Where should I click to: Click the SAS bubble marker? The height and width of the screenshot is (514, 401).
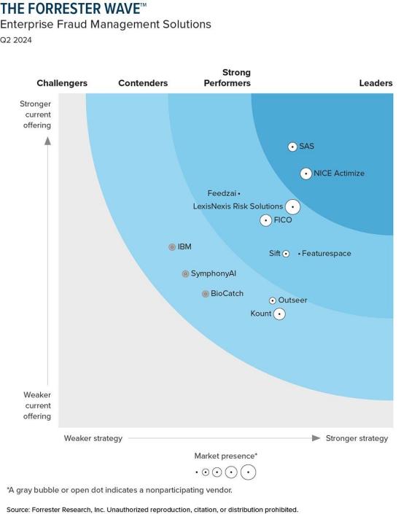(x=292, y=147)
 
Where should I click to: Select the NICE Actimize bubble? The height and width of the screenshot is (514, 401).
(x=306, y=174)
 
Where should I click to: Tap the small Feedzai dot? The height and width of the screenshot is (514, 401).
(x=239, y=194)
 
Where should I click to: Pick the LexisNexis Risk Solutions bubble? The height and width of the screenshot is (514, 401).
(x=292, y=207)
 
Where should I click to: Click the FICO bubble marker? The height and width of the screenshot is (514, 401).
(x=266, y=220)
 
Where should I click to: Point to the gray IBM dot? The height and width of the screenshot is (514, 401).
(x=172, y=247)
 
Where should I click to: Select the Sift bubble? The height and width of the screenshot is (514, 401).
(x=286, y=254)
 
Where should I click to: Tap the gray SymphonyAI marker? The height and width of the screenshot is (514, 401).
(x=185, y=274)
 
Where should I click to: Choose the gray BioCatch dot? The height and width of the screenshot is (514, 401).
(x=206, y=294)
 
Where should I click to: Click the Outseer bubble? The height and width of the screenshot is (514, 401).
(x=273, y=300)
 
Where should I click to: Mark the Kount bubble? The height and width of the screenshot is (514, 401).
(x=279, y=314)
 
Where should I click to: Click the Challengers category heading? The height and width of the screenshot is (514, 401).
(x=62, y=83)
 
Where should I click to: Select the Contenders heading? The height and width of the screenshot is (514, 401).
(x=143, y=83)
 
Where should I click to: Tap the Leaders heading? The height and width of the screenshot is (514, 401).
(x=376, y=83)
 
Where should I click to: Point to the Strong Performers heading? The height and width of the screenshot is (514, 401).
(x=227, y=78)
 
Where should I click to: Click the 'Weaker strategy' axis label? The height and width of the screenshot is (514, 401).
(x=93, y=438)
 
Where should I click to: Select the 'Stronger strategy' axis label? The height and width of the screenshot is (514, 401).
(x=357, y=438)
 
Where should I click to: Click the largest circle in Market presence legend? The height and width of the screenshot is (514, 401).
(x=248, y=472)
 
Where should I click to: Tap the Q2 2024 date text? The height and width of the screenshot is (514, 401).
(x=16, y=40)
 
